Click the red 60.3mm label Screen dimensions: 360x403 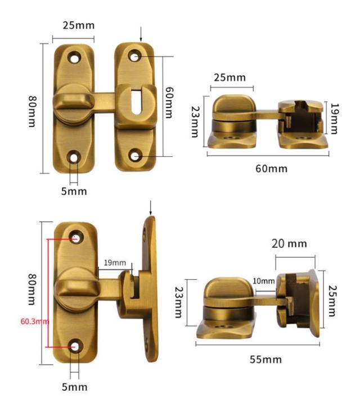[35, 322]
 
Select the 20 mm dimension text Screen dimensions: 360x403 [289, 243]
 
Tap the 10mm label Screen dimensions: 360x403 [264, 281]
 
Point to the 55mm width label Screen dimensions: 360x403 [265, 359]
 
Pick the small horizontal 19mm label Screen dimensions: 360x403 [115, 262]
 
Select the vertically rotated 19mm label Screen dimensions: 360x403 [335, 119]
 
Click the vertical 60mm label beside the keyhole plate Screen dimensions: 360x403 [169, 102]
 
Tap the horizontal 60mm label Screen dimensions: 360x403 [271, 169]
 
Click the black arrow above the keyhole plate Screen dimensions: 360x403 [141, 34]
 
